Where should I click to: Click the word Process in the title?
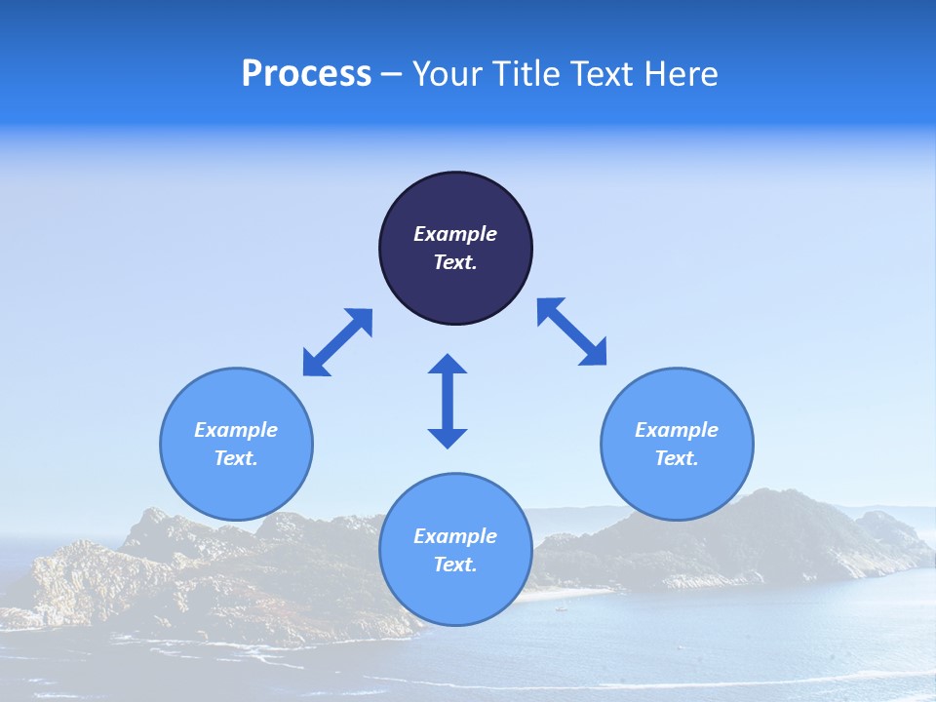coord(306,74)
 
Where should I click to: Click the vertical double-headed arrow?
coord(448,402)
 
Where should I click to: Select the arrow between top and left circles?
coord(337,342)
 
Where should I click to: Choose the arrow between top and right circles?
coord(572,331)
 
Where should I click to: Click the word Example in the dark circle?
coord(455,234)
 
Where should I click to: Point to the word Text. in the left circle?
coord(236,458)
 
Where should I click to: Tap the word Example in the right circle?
coord(677,430)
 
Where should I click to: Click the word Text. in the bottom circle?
coord(455,565)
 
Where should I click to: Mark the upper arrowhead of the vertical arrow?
coord(448,366)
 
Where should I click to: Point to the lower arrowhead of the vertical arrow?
coord(448,437)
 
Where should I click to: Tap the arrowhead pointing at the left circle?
coord(315,364)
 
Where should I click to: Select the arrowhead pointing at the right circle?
coord(594,353)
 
